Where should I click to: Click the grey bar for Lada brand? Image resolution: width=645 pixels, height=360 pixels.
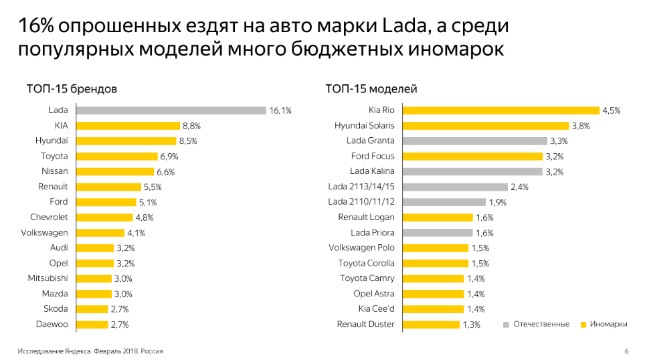pos(171,110)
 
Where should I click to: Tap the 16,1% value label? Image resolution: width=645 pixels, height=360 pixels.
pos(280,110)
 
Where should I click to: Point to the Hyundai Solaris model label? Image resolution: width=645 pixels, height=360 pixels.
pos(365,126)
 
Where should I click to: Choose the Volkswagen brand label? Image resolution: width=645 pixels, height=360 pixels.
pos(44,233)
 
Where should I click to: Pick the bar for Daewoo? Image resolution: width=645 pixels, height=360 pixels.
pos(92,325)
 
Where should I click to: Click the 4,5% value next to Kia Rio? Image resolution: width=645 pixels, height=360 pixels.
pos(612,110)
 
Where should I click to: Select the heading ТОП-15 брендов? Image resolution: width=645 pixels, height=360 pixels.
pos(72,88)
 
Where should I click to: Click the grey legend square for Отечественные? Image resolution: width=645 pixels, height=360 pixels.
pos(506,325)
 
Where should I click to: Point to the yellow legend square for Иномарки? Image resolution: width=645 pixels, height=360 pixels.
pos(583,325)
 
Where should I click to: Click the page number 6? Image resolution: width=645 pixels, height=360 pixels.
pos(626,351)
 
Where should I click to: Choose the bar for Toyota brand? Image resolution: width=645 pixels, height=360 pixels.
pos(117,157)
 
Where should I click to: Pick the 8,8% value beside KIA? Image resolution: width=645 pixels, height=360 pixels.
pos(191,126)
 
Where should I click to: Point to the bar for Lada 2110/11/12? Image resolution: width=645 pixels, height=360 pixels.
pos(444,202)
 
